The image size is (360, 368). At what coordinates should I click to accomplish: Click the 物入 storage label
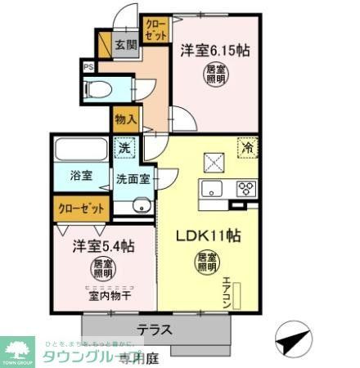pyautogui.click(x=125, y=119)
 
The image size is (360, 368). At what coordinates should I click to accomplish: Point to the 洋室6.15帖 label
pyautogui.click(x=215, y=49)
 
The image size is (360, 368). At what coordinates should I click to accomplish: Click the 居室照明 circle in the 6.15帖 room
pyautogui.click(x=215, y=74)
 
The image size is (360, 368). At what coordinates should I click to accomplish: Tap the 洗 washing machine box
pyautogui.click(x=125, y=149)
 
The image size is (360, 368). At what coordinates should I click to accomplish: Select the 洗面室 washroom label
pyautogui.click(x=132, y=179)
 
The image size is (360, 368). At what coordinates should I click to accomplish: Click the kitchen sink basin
pyautogui.click(x=211, y=191)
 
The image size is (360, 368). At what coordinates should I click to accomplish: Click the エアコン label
pyautogui.click(x=227, y=290)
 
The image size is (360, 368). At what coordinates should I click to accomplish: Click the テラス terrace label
pyautogui.click(x=154, y=330)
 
